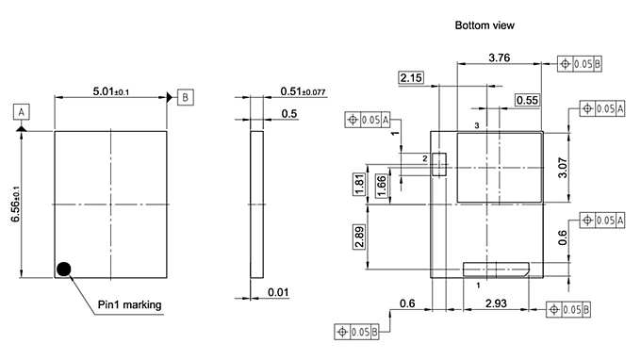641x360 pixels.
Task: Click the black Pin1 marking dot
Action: [63, 270]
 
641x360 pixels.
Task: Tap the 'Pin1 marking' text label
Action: [130, 304]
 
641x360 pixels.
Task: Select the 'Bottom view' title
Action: [485, 25]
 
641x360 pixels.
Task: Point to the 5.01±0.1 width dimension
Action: [110, 91]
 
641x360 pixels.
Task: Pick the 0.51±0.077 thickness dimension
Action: [303, 91]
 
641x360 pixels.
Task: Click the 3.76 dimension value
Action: [499, 57]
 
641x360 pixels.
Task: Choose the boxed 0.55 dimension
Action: [527, 100]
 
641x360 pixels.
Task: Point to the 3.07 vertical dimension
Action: [563, 168]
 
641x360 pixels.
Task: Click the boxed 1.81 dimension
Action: [360, 185]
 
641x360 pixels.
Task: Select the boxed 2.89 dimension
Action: [360, 237]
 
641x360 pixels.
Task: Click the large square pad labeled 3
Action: [499, 167]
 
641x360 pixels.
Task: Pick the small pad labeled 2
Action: [438, 166]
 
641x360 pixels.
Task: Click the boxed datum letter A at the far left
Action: [22, 111]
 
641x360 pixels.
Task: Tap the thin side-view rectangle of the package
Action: [257, 205]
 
